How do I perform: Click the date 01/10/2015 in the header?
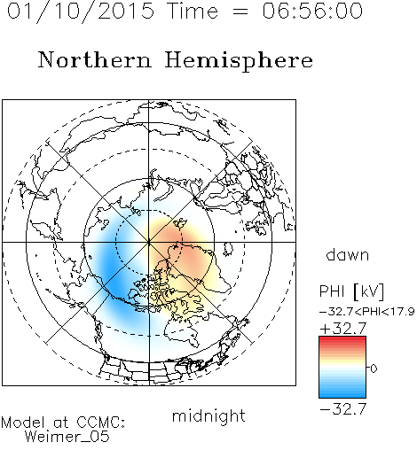[81, 12]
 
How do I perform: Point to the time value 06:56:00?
[312, 11]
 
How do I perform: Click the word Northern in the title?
[95, 59]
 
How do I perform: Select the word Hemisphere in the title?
[239, 61]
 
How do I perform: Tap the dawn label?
[348, 254]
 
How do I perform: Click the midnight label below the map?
[208, 415]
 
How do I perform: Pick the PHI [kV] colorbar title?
[351, 291]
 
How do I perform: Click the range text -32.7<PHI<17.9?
[367, 312]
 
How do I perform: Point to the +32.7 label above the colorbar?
[343, 329]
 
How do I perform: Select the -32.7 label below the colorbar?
[343, 409]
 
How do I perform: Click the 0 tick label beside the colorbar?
[374, 369]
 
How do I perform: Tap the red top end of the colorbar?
[342, 339]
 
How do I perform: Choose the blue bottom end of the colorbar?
[342, 395]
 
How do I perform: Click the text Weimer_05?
[67, 437]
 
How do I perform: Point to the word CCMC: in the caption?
[100, 423]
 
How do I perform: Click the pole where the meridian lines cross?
[149, 242]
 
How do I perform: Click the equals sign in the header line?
[240, 12]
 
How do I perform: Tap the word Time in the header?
[193, 11]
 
